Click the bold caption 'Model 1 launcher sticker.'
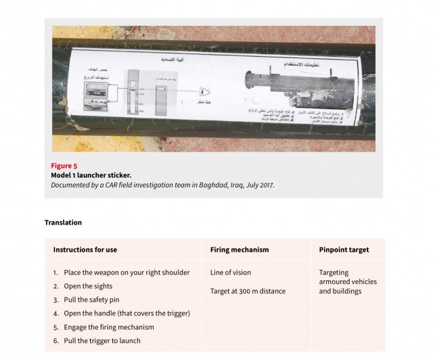(x=91, y=175)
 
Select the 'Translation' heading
(x=63, y=222)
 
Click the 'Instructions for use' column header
(x=85, y=250)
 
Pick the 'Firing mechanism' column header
(x=240, y=250)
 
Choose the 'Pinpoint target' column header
(x=344, y=250)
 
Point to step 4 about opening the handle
(x=127, y=313)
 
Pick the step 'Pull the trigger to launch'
(x=102, y=340)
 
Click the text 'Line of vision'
(x=231, y=273)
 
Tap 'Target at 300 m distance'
(x=248, y=291)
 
